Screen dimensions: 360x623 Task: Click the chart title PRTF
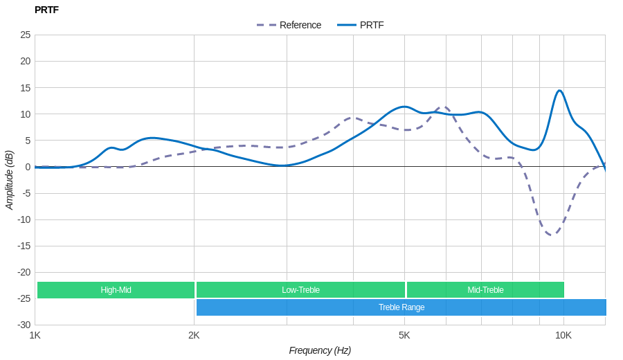[46, 10]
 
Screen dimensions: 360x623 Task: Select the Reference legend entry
[289, 25]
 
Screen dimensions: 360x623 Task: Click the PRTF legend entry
[361, 25]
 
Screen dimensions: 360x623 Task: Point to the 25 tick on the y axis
[25, 35]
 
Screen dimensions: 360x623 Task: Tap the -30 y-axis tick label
[24, 325]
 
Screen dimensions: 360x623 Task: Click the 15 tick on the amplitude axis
[25, 87]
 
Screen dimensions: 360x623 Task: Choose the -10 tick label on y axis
[24, 219]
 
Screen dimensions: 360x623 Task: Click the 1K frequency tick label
[35, 335]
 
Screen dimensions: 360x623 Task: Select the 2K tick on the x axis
[194, 335]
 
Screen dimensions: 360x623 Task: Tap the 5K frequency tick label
[404, 335]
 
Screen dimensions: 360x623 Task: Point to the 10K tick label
[563, 335]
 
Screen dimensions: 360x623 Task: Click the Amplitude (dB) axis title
[9, 180]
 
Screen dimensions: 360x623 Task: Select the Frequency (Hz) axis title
[320, 350]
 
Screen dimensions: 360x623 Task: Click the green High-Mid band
[116, 290]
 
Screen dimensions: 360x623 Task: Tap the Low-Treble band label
[300, 290]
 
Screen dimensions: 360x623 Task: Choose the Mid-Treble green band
[485, 290]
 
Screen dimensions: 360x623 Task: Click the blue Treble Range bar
[401, 307]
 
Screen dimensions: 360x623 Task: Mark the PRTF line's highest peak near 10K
[559, 91]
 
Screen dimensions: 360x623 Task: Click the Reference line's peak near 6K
[444, 107]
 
